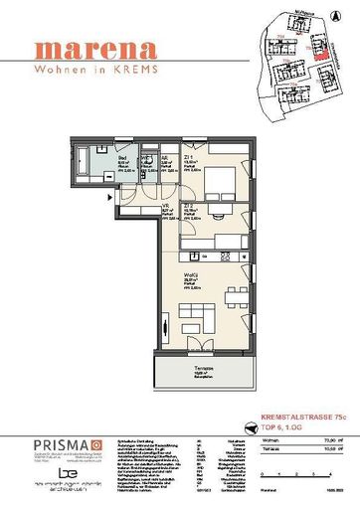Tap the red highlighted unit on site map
pos(319,58)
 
